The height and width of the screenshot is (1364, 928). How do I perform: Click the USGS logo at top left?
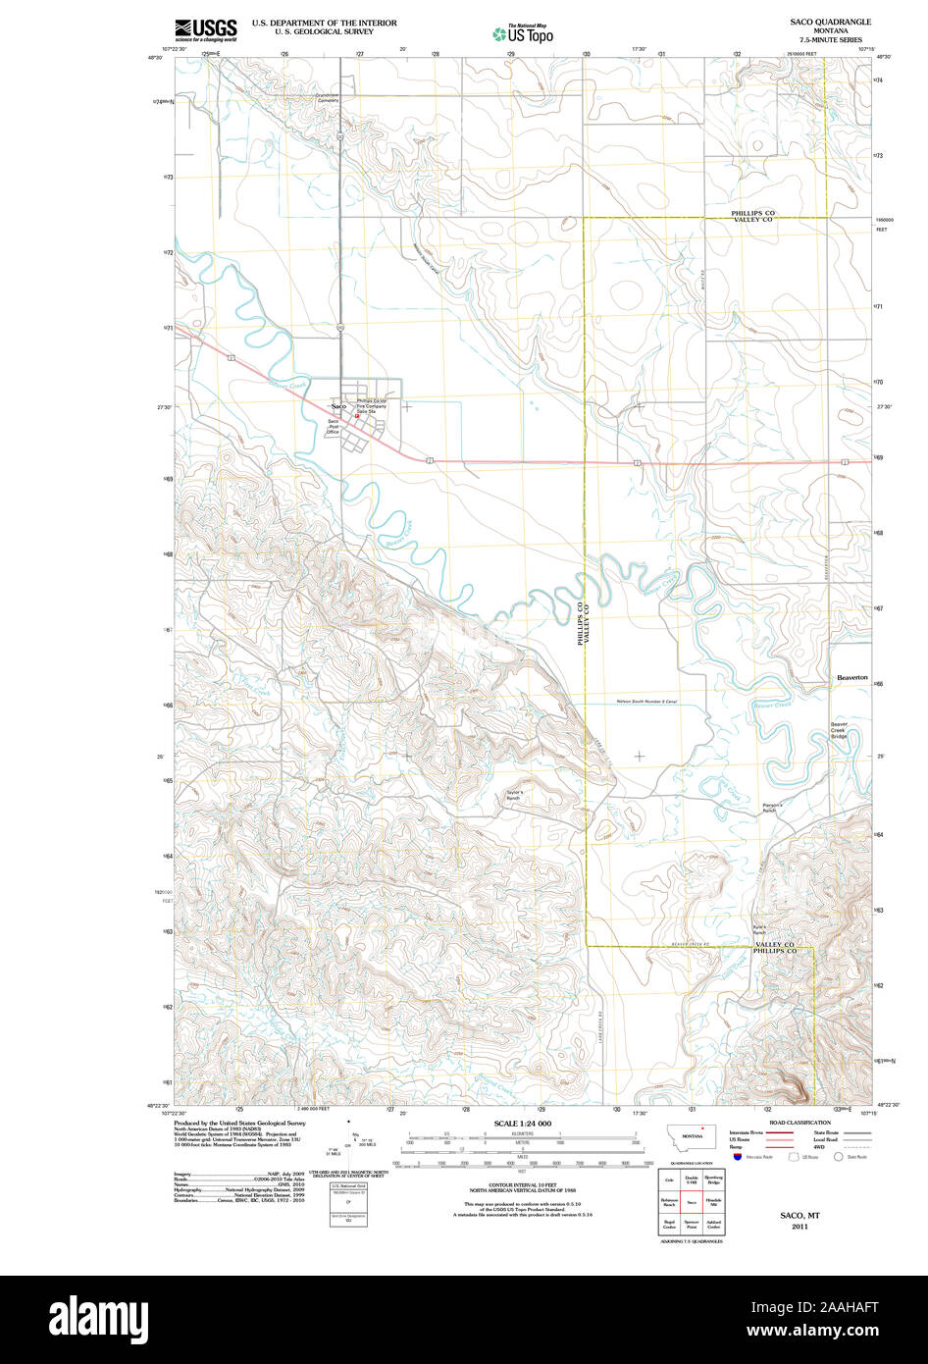point(206,28)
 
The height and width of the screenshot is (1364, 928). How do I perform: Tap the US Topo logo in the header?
point(523,33)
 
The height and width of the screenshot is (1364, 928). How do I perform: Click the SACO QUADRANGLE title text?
point(830,21)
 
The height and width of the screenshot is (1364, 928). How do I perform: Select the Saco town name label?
point(338,405)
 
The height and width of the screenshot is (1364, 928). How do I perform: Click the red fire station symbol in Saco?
point(357,415)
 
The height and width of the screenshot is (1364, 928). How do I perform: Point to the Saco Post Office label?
point(334,427)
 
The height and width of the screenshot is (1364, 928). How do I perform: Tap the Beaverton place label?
point(851,678)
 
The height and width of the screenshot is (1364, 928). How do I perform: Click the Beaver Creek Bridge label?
point(845,730)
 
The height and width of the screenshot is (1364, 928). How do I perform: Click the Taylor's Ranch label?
point(516,795)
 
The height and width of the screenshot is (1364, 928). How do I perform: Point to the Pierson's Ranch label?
point(769,808)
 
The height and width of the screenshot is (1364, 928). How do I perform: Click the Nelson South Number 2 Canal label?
point(647,702)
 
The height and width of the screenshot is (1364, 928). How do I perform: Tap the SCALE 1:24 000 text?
point(522,1123)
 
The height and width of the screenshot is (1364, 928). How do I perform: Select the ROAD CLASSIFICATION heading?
point(799,1123)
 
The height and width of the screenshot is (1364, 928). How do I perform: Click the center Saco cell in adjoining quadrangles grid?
point(692,1201)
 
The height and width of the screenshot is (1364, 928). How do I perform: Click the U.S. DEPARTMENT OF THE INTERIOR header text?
point(324,22)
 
